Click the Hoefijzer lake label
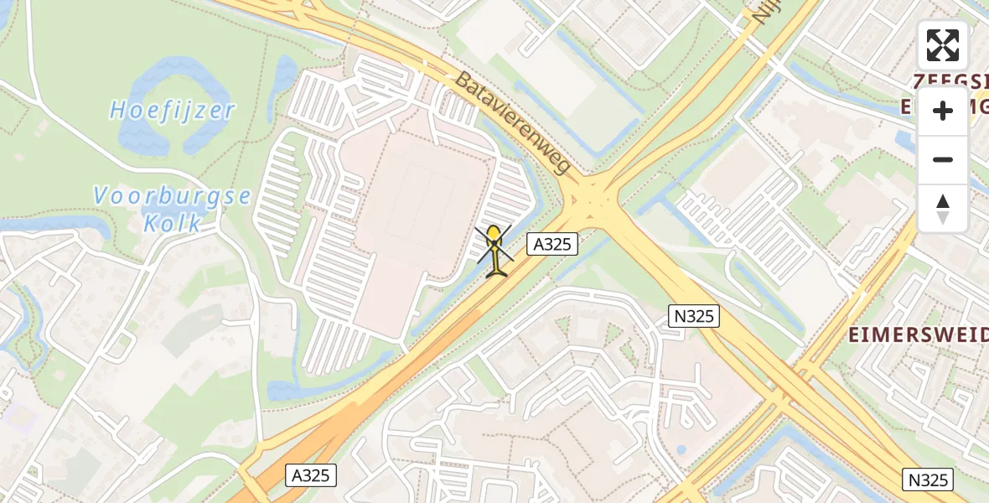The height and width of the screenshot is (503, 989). [x=173, y=110]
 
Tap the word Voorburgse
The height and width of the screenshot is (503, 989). [x=172, y=196]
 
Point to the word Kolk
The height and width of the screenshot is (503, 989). [x=171, y=223]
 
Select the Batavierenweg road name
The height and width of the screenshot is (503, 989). [x=513, y=122]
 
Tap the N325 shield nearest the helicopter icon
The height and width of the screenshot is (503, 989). [x=693, y=316]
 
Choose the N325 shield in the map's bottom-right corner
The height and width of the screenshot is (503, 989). [x=928, y=480]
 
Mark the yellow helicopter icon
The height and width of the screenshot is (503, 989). [x=496, y=250]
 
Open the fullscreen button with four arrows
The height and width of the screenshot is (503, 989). [x=943, y=45]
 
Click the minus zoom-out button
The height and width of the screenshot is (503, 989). [x=943, y=159]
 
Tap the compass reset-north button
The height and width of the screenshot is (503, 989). [x=943, y=208]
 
